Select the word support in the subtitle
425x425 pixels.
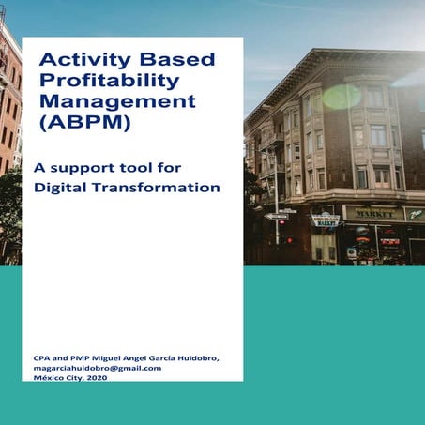(83, 169)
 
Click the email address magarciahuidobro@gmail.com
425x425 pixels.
(98, 368)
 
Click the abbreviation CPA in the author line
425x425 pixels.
(43, 358)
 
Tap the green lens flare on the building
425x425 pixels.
(342, 97)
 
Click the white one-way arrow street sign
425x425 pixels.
(276, 216)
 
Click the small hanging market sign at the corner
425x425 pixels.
(325, 220)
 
